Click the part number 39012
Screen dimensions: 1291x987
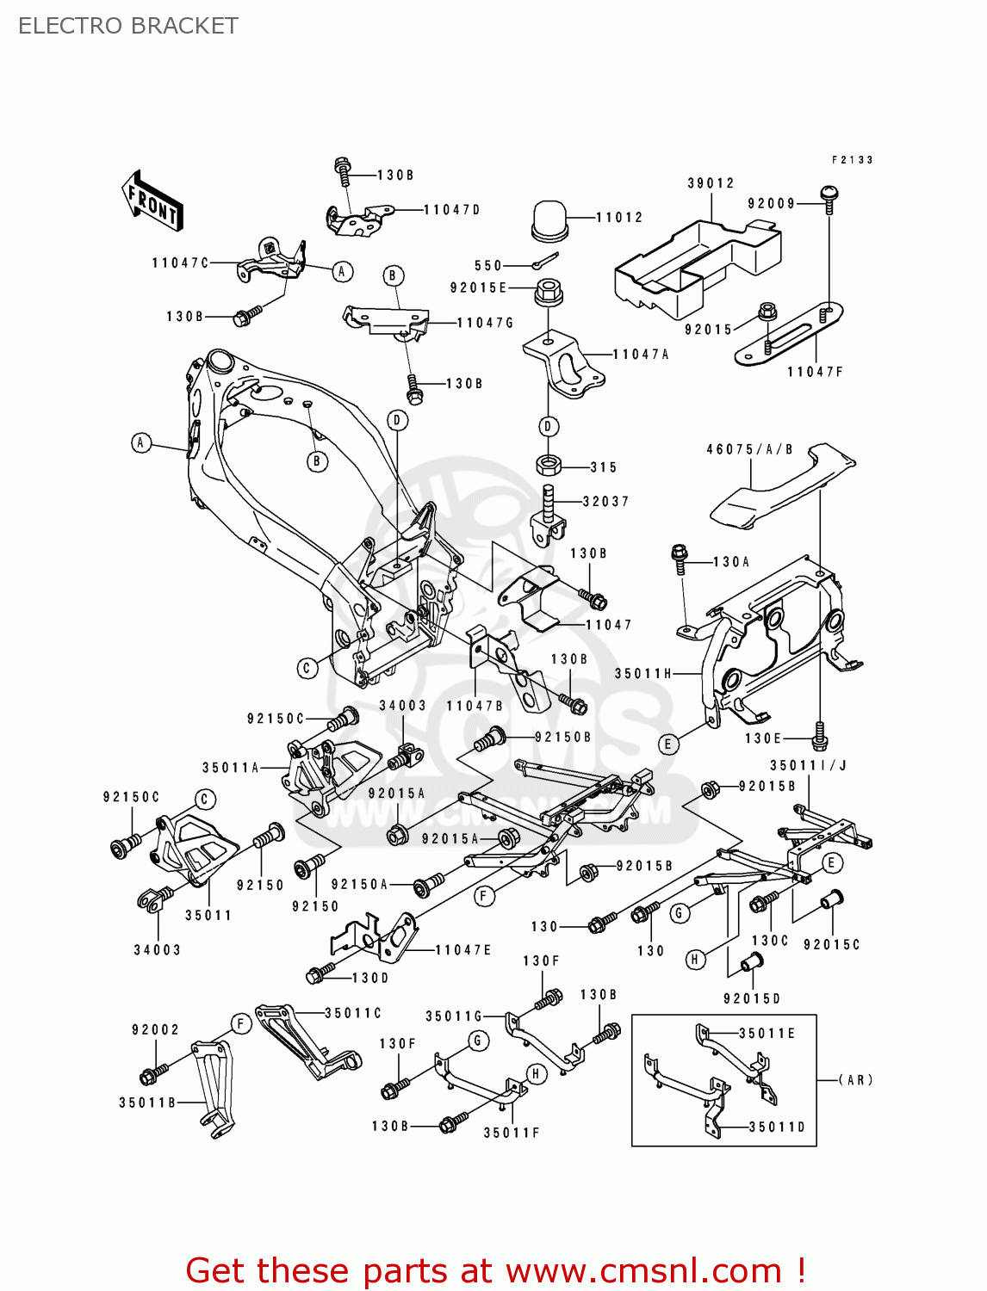pyautogui.click(x=711, y=183)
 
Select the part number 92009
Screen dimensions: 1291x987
pyautogui.click(x=771, y=204)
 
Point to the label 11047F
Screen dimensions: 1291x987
pyautogui.click(x=815, y=372)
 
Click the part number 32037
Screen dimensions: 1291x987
pyautogui.click(x=605, y=502)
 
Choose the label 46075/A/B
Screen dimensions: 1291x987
pyautogui.click(x=749, y=449)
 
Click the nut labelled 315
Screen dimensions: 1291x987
pyautogui.click(x=549, y=466)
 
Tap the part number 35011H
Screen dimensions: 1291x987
pyautogui.click(x=642, y=674)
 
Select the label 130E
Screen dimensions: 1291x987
pyautogui.click(x=763, y=738)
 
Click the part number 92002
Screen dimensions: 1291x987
pyautogui.click(x=155, y=1029)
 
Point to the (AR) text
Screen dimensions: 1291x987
pyautogui.click(x=856, y=1079)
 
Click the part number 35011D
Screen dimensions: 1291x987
pyautogui.click(x=777, y=1127)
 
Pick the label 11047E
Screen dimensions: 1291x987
pyautogui.click(x=463, y=950)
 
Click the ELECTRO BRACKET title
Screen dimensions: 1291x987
pyautogui.click(x=127, y=26)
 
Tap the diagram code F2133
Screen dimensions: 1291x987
pyautogui.click(x=853, y=160)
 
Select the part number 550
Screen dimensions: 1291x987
pyautogui.click(x=487, y=266)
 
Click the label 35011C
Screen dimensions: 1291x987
pyautogui.click(x=353, y=1013)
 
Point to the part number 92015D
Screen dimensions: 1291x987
pyautogui.click(x=751, y=998)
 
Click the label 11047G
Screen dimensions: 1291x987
pyautogui.click(x=485, y=323)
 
